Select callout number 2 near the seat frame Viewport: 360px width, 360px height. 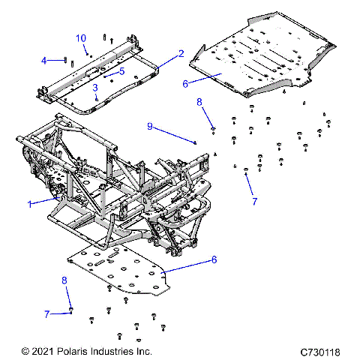[x=181, y=54]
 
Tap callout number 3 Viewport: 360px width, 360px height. [x=95, y=88]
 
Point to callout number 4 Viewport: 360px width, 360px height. [x=43, y=60]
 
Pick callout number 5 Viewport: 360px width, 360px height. [x=121, y=71]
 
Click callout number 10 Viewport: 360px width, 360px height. [x=81, y=38]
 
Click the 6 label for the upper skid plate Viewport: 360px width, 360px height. [x=185, y=84]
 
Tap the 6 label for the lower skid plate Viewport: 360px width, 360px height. [x=214, y=259]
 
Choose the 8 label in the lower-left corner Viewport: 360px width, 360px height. [x=64, y=280]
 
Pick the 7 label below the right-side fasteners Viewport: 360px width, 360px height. [x=254, y=202]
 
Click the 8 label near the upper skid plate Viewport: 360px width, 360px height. [x=199, y=101]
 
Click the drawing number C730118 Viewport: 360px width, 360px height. [x=320, y=351]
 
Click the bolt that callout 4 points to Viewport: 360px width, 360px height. [x=67, y=60]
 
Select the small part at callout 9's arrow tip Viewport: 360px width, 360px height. [x=196, y=142]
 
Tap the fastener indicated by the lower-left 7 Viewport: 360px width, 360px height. [x=70, y=310]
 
